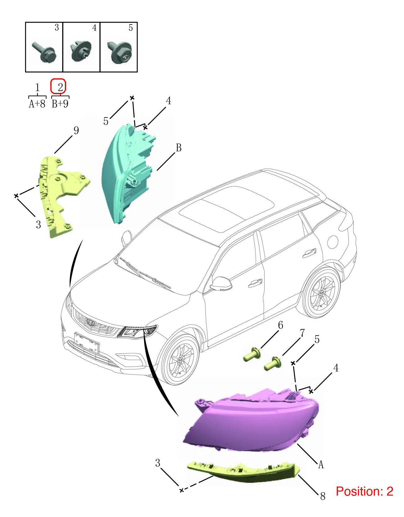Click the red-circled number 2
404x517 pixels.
[x=60, y=87]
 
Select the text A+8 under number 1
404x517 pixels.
[x=37, y=104]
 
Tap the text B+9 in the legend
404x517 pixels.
[x=60, y=104]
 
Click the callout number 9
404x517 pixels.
[x=76, y=130]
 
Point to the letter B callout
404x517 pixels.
[x=179, y=148]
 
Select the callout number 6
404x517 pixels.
[x=280, y=325]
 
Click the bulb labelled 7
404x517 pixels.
[x=273, y=363]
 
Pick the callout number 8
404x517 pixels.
[x=323, y=496]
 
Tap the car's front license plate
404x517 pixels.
[x=87, y=342]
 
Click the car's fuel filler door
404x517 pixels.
[x=333, y=242]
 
